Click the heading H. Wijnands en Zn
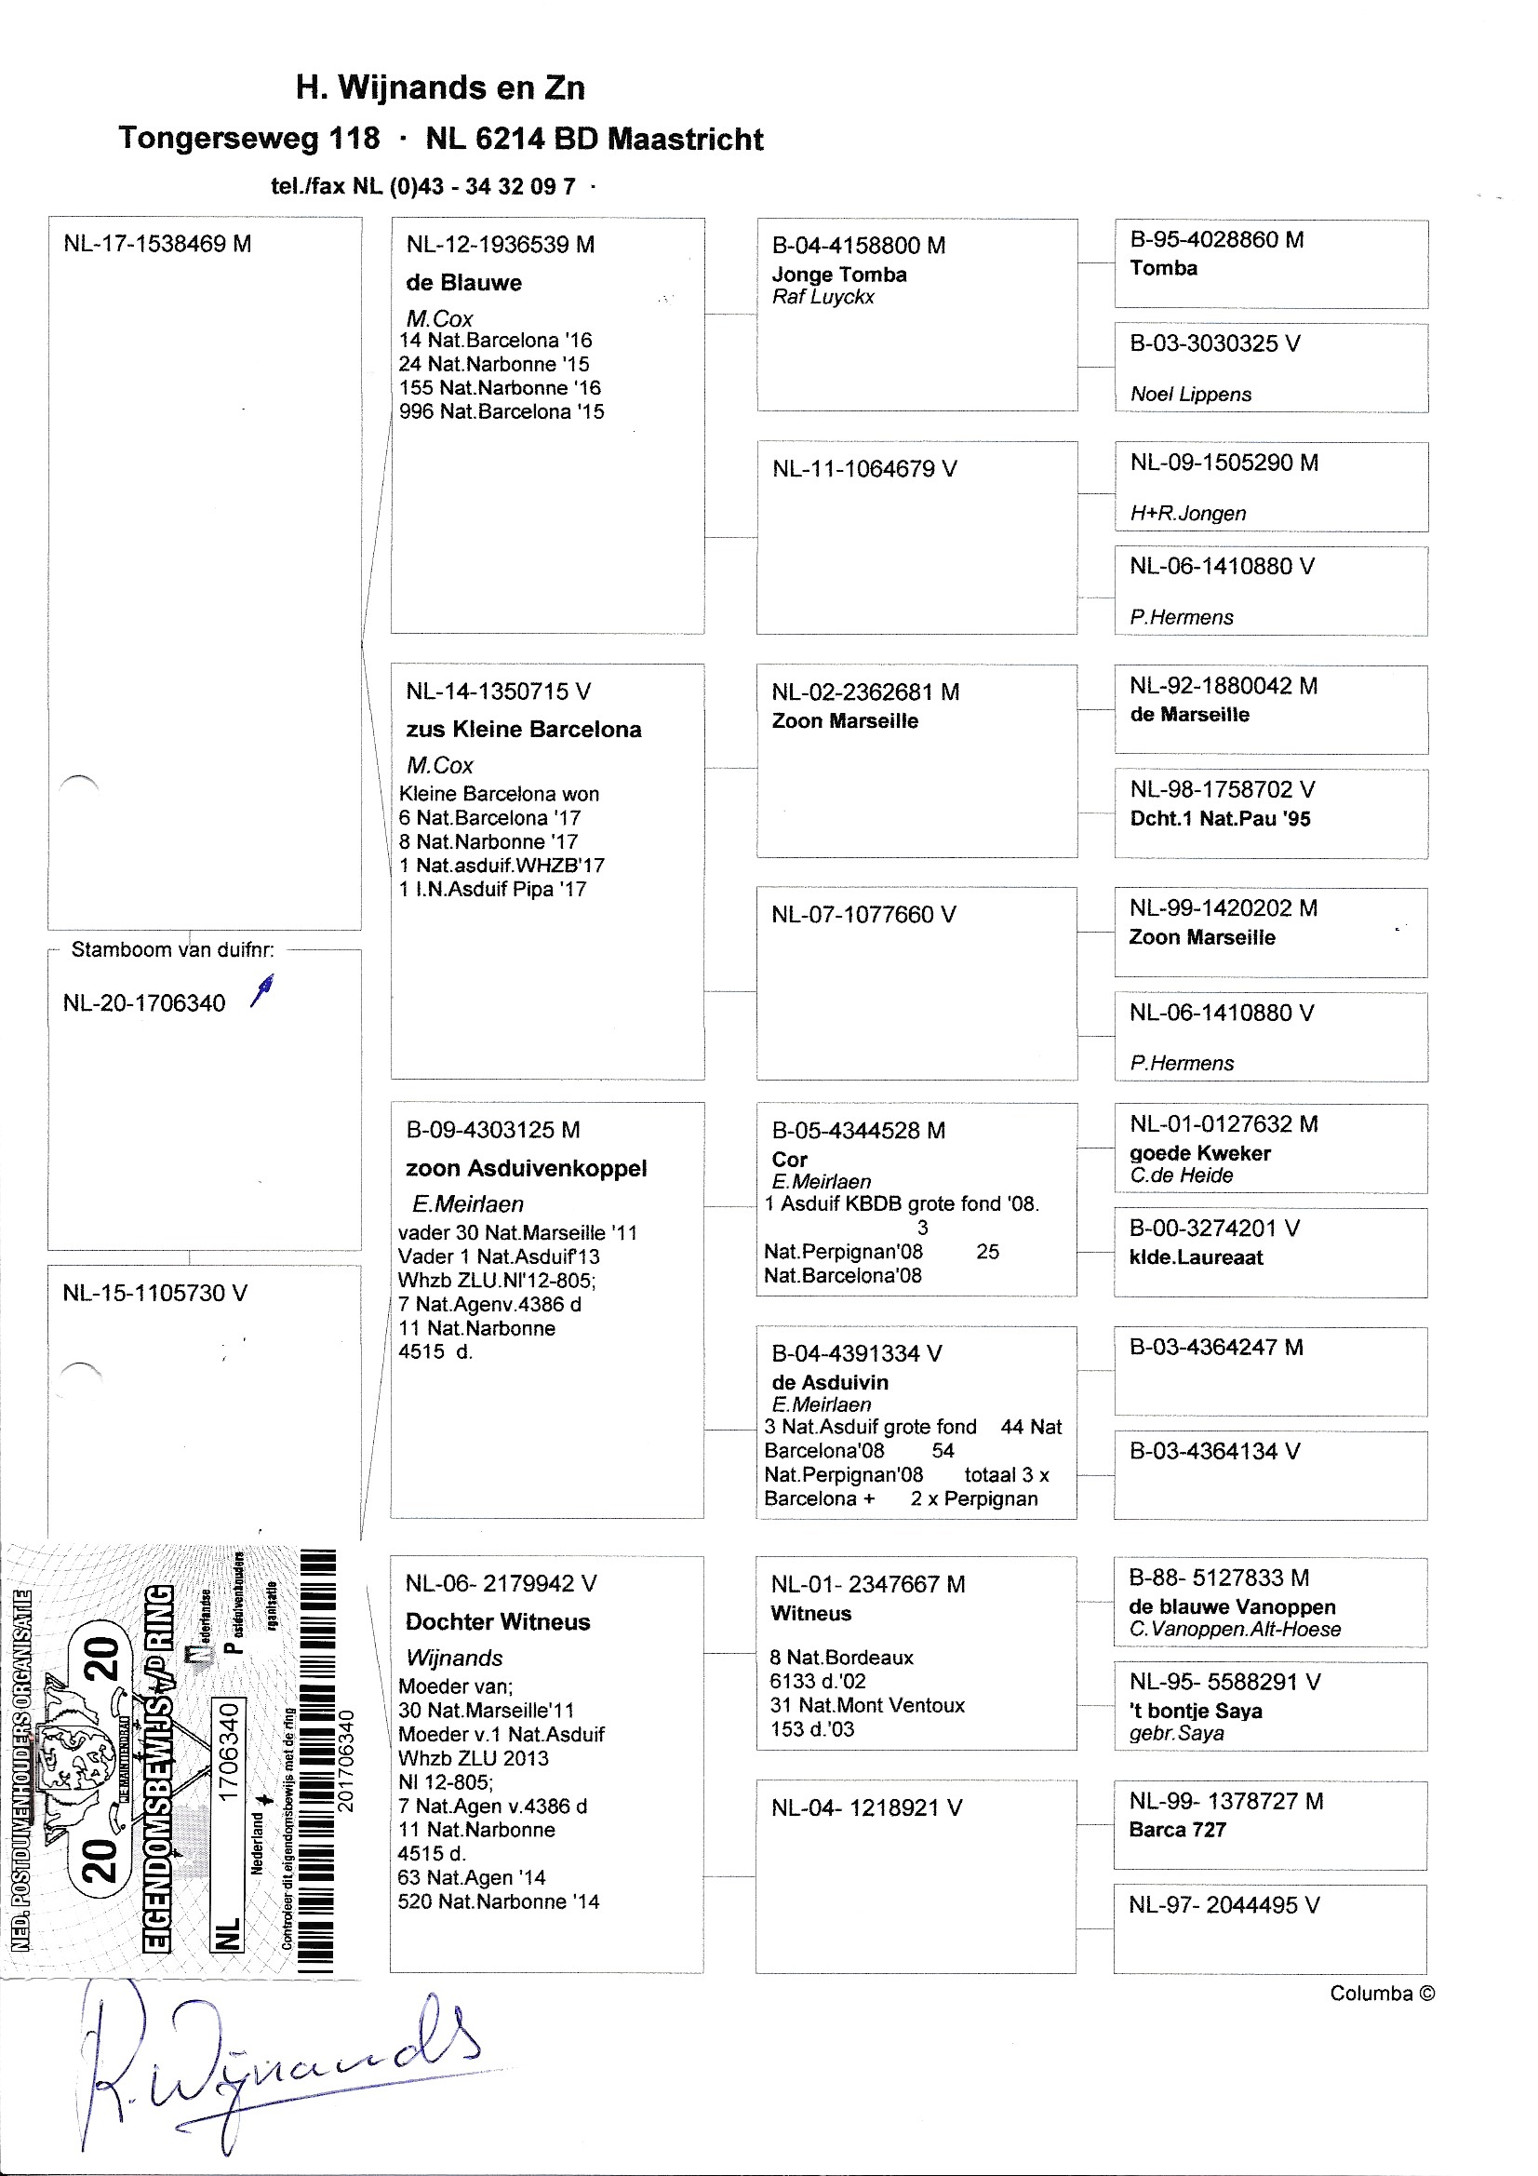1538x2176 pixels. point(440,87)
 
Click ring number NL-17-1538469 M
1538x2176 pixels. point(157,244)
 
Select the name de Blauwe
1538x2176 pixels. point(463,282)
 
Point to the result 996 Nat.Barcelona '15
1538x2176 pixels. point(502,411)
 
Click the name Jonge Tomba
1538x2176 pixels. point(838,275)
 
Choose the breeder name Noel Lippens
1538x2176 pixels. point(1190,395)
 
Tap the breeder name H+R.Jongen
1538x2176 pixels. point(1187,514)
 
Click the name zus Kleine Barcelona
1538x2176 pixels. point(523,729)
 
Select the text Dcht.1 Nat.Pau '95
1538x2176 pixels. point(1220,819)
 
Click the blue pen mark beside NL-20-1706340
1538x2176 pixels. point(263,990)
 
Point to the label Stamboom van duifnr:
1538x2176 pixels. point(172,949)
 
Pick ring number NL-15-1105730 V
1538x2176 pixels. point(154,1293)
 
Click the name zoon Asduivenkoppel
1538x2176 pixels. point(526,1168)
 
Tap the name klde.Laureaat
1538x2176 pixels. point(1196,1257)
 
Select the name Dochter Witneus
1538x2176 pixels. point(498,1621)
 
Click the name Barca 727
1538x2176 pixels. point(1177,1829)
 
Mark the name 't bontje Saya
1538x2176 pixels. point(1195,1711)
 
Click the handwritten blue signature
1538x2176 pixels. point(274,2066)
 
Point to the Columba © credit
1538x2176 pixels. point(1382,1993)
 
